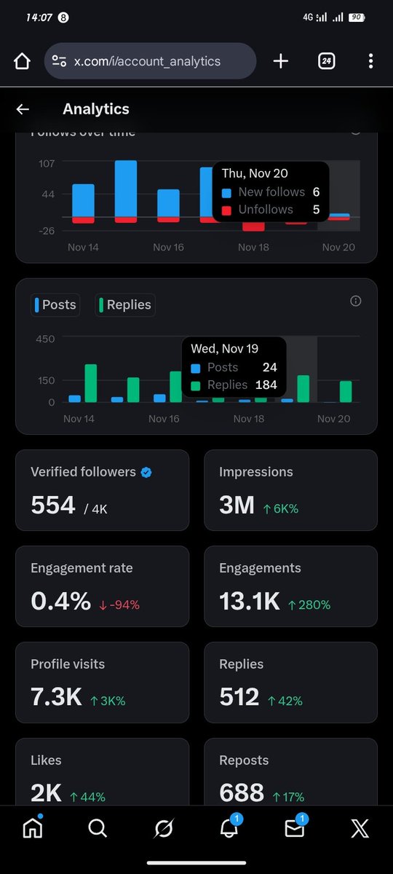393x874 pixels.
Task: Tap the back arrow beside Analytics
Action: click(23, 109)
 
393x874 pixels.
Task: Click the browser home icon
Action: click(23, 61)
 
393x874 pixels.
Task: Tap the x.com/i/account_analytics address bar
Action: click(150, 61)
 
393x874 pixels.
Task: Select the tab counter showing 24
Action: click(327, 61)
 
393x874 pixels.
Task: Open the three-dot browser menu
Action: click(371, 61)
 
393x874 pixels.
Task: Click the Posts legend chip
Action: click(55, 304)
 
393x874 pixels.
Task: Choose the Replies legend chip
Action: click(125, 304)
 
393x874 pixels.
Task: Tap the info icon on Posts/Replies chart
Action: click(356, 301)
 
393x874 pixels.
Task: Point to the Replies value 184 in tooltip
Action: click(266, 385)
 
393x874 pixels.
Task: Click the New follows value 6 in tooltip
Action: click(316, 192)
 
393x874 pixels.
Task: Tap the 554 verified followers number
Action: click(53, 505)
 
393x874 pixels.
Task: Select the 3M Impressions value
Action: click(237, 505)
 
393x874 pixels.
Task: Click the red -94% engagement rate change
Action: click(119, 605)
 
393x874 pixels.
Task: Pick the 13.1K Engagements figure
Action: click(250, 601)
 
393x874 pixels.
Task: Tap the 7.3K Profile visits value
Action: click(56, 697)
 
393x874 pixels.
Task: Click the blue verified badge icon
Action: click(146, 472)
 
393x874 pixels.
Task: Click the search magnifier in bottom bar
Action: click(97, 828)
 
